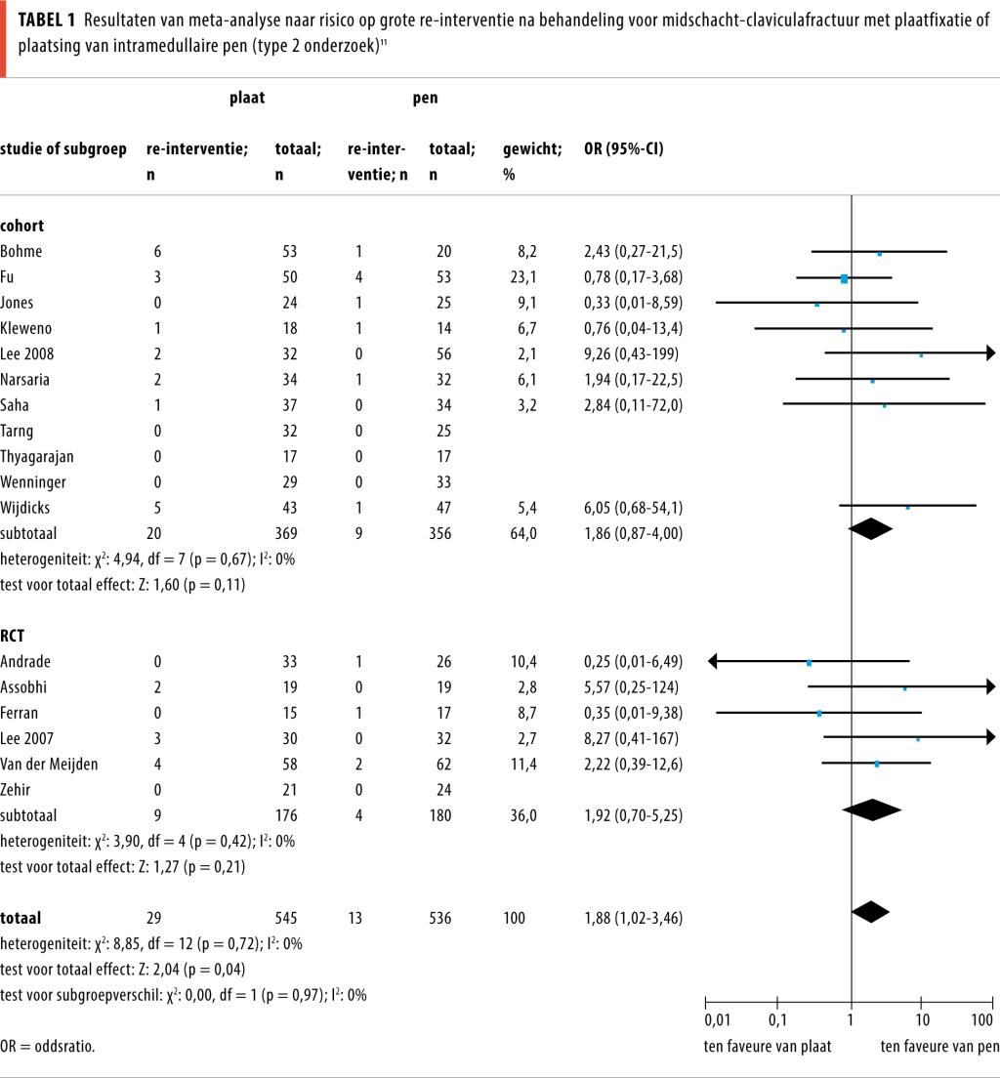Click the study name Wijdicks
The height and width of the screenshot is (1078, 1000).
24,507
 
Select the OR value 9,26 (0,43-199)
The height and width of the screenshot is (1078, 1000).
631,353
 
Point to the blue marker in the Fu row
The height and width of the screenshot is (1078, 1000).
844,279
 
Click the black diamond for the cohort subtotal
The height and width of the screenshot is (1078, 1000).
871,528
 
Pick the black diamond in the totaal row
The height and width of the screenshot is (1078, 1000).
870,911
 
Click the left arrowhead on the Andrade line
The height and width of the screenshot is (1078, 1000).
714,661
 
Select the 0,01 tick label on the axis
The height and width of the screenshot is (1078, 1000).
716,1020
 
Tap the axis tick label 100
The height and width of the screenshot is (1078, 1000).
981,1020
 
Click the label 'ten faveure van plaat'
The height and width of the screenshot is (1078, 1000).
768,1046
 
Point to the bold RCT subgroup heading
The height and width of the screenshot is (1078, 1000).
13,636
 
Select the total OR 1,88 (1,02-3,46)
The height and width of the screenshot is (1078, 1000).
633,918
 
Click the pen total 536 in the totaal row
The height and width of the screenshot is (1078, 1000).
440,918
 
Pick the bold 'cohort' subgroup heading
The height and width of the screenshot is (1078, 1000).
21,226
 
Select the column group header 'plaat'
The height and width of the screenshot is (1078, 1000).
247,98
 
